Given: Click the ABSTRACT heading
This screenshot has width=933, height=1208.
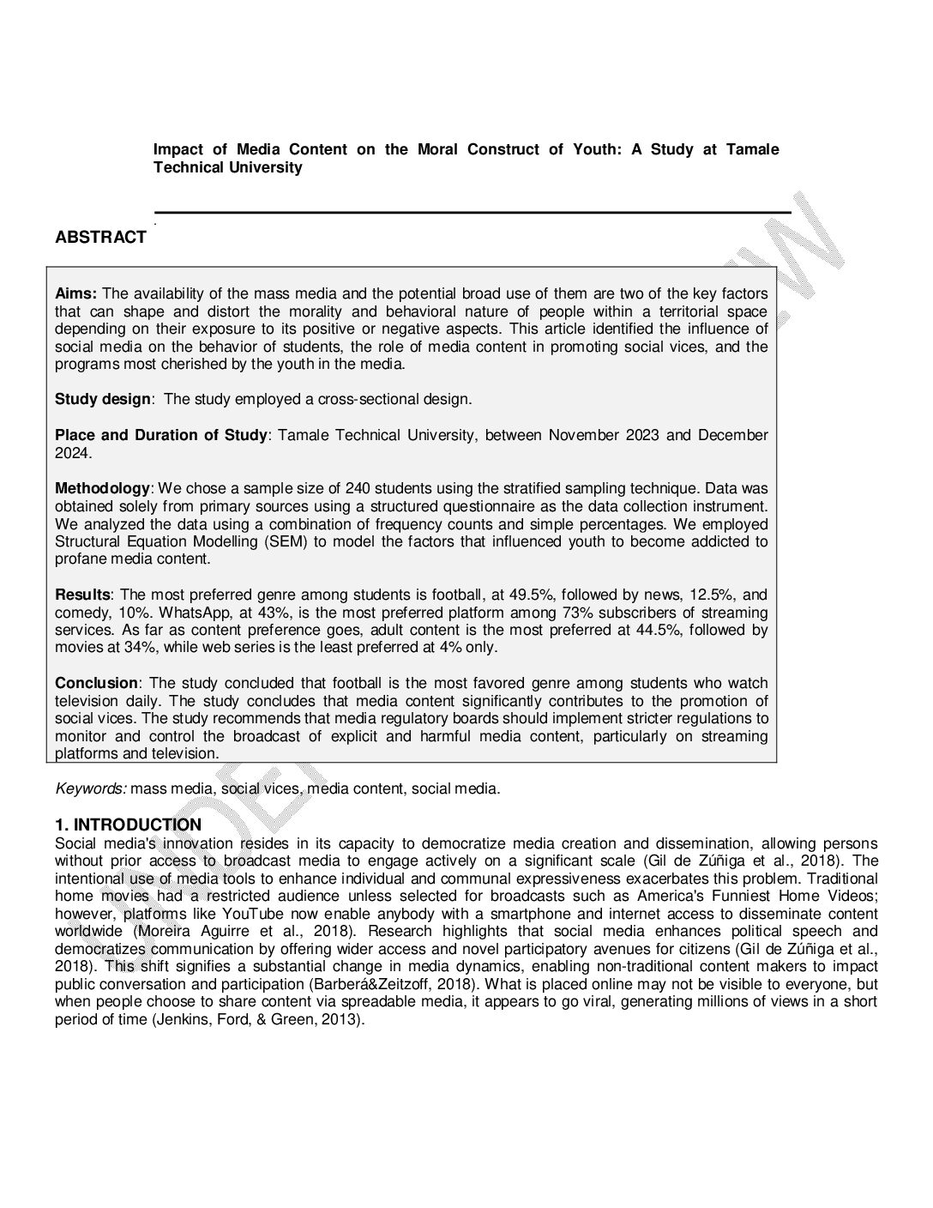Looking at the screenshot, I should (x=100, y=238).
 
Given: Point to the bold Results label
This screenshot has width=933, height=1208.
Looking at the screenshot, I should (x=82, y=595).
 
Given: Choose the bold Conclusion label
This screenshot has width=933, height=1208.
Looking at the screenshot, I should (x=96, y=683).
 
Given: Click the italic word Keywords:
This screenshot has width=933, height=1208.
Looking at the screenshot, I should (x=91, y=788).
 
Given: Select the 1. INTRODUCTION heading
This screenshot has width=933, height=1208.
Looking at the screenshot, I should (x=128, y=825).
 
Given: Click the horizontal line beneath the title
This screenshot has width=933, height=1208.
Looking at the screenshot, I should (x=472, y=212).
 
